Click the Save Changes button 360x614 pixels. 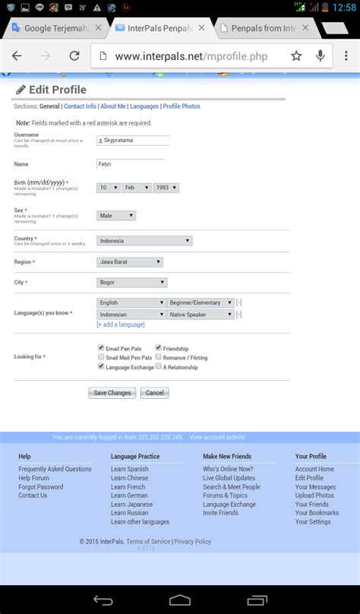(112, 393)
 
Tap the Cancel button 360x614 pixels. (154, 393)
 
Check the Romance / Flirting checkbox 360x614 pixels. (158, 356)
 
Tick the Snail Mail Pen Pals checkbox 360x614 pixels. (101, 356)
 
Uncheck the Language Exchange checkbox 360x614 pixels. (101, 366)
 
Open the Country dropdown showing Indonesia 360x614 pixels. (144, 241)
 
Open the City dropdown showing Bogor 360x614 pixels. (131, 283)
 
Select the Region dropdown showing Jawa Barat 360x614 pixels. (130, 262)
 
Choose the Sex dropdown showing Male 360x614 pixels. (116, 216)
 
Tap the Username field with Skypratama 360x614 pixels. (134, 141)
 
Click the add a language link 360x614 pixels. (120, 324)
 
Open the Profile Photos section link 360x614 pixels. (182, 106)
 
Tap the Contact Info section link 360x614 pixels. (80, 106)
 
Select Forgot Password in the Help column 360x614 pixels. (41, 487)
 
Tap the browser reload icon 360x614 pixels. (74, 55)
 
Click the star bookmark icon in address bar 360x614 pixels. (296, 55)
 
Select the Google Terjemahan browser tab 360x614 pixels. (53, 28)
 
